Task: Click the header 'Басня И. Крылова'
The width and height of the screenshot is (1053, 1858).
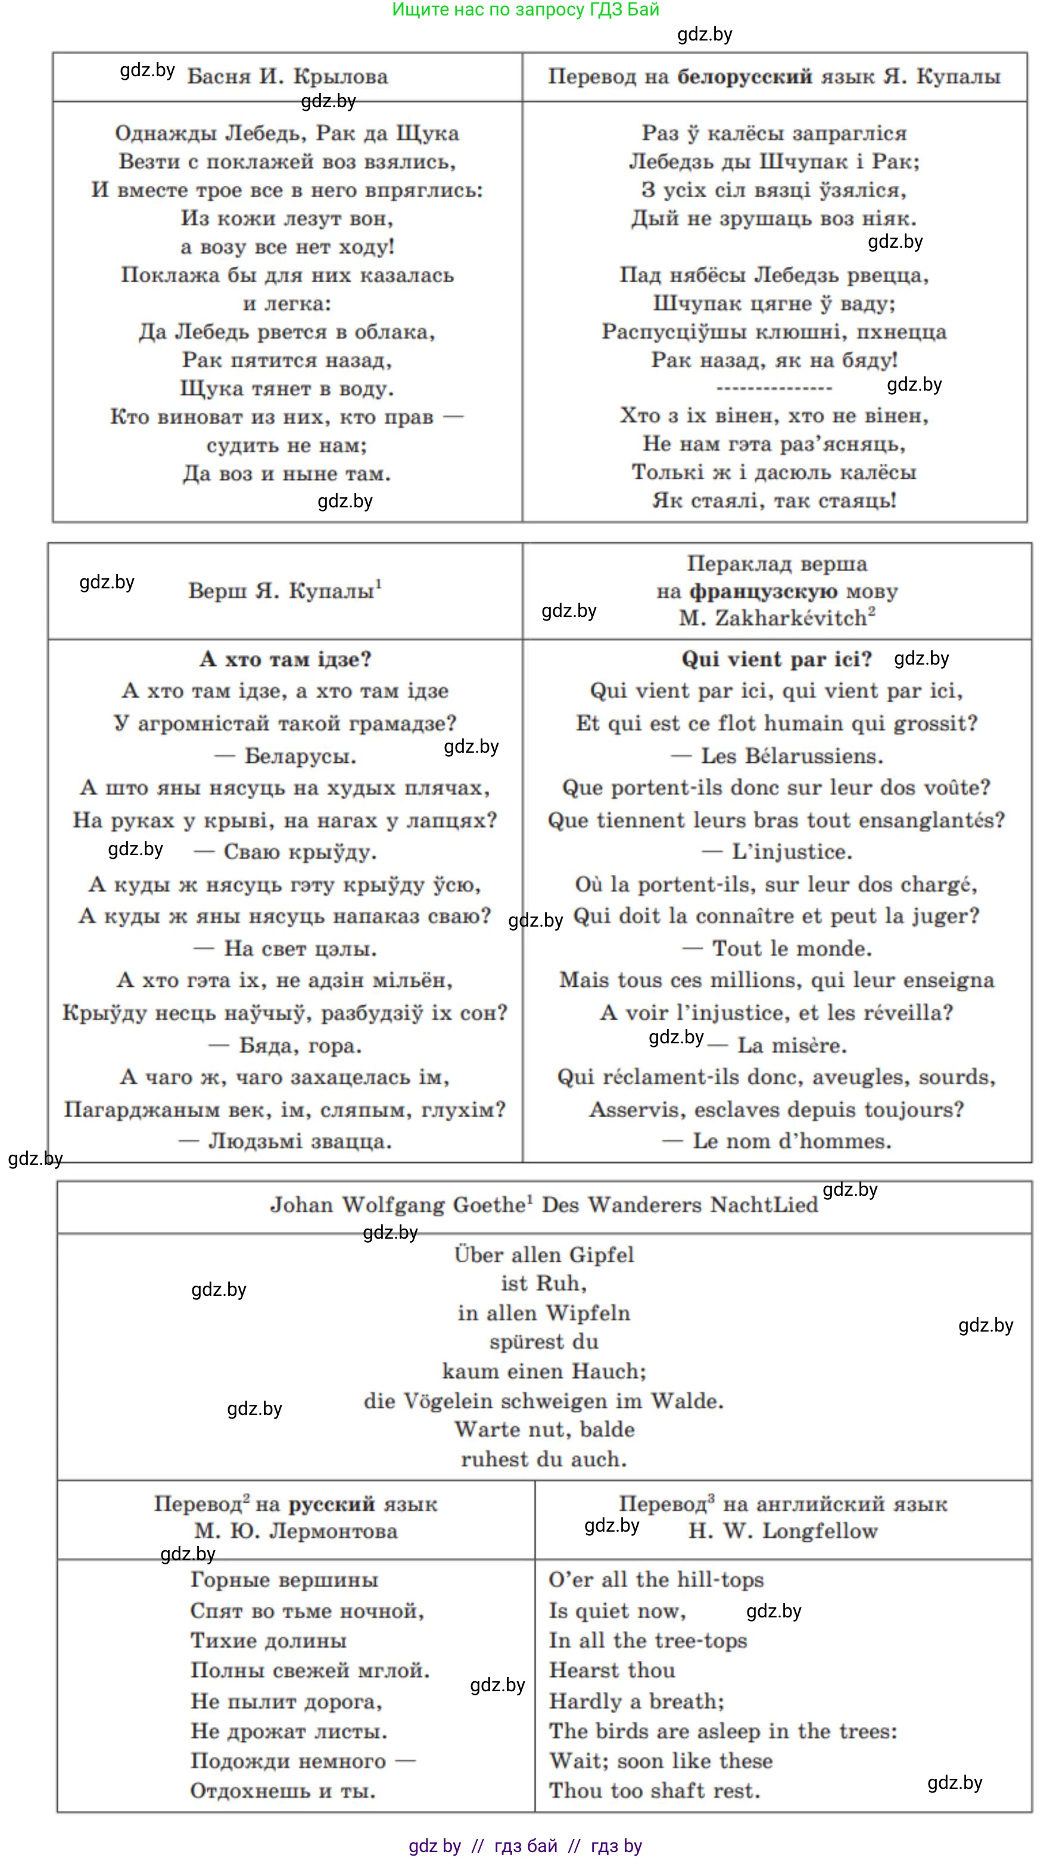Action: [287, 77]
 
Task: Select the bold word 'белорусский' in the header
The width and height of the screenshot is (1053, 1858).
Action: [744, 77]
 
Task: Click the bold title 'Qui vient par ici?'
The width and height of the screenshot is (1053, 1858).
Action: [776, 659]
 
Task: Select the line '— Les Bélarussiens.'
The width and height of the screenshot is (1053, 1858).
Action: [777, 756]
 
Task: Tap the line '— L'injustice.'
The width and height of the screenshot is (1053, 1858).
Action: [777, 852]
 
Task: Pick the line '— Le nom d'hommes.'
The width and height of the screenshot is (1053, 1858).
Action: [777, 1142]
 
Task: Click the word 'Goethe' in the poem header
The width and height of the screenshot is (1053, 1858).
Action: [488, 1205]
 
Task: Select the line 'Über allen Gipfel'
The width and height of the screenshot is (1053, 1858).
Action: [544, 1255]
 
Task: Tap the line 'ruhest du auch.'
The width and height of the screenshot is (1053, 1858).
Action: [544, 1460]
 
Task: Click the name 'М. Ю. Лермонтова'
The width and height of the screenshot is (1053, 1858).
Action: [296, 1531]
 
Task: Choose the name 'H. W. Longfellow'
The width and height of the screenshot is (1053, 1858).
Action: [783, 1531]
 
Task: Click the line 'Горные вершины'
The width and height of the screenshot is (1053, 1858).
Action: [284, 1580]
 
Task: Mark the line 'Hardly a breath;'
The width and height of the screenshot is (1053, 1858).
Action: [637, 1701]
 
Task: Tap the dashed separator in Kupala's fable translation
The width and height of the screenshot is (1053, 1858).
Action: [774, 389]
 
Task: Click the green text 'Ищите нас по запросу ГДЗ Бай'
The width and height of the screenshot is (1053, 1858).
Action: [525, 10]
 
